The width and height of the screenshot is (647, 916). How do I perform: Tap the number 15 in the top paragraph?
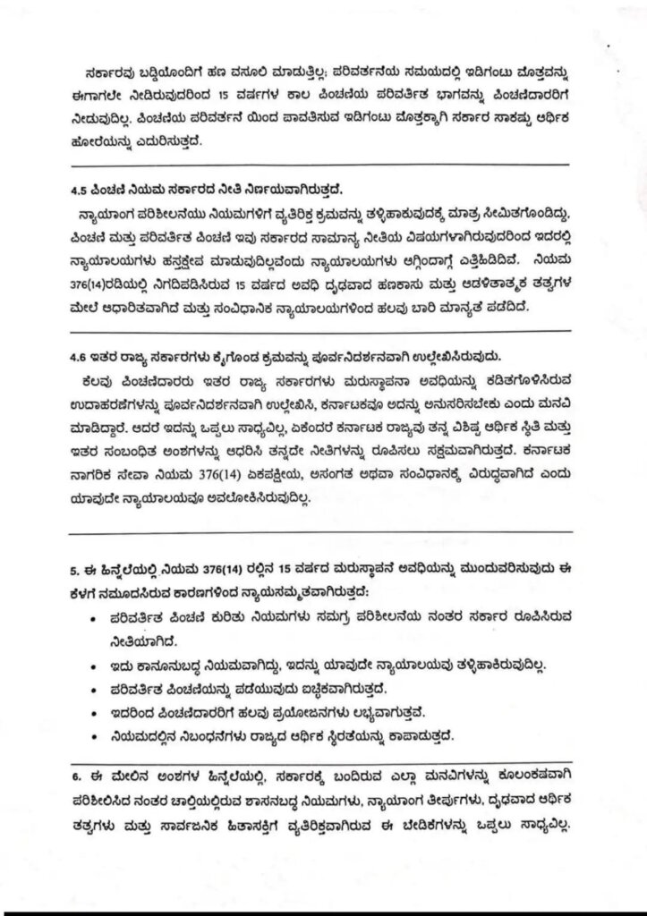pyautogui.click(x=255, y=92)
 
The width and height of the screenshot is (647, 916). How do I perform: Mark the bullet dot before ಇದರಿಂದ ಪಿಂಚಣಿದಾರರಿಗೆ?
pyautogui.click(x=97, y=713)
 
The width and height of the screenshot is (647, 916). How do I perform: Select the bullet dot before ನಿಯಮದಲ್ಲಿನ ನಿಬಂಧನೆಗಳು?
pyautogui.click(x=97, y=736)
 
